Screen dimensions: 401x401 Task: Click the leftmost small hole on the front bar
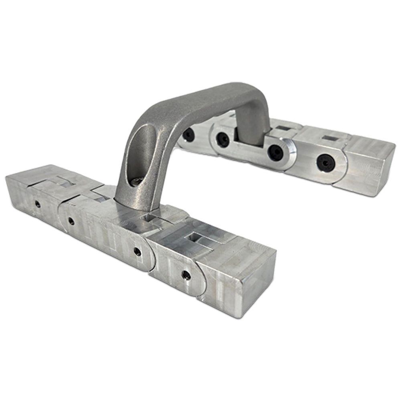(37, 204)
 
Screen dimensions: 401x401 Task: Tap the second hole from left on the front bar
(71, 221)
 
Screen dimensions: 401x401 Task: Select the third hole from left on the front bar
(137, 251)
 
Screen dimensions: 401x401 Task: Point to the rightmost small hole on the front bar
(186, 275)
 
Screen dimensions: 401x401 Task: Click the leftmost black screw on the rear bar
(188, 135)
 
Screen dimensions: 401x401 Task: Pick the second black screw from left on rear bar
(223, 139)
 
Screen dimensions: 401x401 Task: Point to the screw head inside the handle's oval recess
(136, 182)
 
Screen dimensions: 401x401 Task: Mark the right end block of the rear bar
(367, 164)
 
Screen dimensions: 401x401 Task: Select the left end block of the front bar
(24, 192)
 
